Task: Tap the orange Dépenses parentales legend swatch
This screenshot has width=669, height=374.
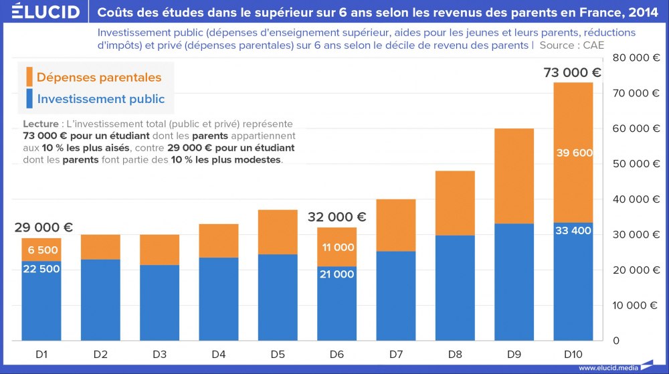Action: pos(29,77)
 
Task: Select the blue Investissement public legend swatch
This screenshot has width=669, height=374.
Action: pos(29,99)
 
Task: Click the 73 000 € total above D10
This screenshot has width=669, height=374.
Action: pos(572,73)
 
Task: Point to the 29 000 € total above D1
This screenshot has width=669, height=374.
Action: pos(43,227)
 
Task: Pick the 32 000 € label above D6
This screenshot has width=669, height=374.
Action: pos(337,217)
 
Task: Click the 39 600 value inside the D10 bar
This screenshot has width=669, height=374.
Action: pos(574,153)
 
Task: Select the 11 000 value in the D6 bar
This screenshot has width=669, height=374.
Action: pos(337,248)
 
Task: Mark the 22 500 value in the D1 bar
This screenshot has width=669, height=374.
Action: pos(41,269)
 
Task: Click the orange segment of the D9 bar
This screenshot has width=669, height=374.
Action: pos(514,175)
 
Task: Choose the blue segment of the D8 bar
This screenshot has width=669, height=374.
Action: pos(455,288)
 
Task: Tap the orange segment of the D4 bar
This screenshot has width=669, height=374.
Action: pos(218,241)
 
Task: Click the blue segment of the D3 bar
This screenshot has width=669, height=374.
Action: pos(159,301)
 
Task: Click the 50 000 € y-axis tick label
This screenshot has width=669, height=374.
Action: pos(635,164)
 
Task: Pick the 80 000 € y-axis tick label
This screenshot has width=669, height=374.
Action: pos(635,58)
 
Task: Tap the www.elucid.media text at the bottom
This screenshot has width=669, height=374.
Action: pos(605,367)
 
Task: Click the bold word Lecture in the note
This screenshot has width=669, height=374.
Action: pos(40,124)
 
